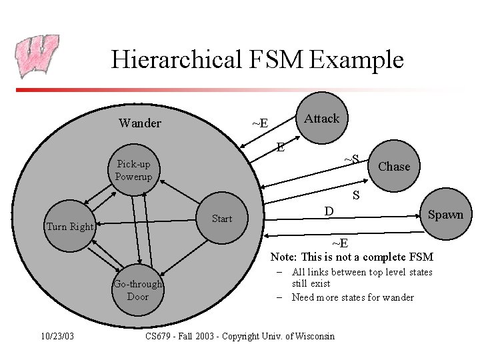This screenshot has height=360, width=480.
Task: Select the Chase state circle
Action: (393, 167)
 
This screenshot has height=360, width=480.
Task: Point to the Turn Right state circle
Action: (70, 226)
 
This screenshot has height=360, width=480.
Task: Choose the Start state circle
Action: (222, 219)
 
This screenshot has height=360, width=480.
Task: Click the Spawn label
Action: (445, 215)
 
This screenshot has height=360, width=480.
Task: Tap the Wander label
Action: (139, 123)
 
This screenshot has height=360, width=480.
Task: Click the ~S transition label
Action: (351, 159)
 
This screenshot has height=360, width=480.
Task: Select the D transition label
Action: (329, 211)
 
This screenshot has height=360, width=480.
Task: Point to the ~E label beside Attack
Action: (260, 123)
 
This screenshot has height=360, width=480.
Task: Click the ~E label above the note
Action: (339, 243)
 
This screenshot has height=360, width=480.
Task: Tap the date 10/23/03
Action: (57, 336)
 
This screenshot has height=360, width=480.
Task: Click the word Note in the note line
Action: (283, 257)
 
